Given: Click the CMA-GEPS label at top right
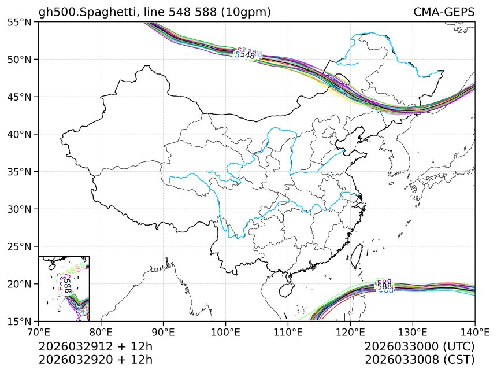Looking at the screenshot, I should point(444,12).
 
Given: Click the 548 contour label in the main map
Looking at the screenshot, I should point(248,55).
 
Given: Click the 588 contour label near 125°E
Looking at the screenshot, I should point(384,286).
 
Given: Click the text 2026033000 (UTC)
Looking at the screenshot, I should point(420,347).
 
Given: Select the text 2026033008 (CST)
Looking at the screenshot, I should point(420,360).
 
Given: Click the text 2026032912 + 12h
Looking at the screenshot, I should point(95,347).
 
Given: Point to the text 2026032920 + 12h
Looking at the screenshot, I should point(95,360).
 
